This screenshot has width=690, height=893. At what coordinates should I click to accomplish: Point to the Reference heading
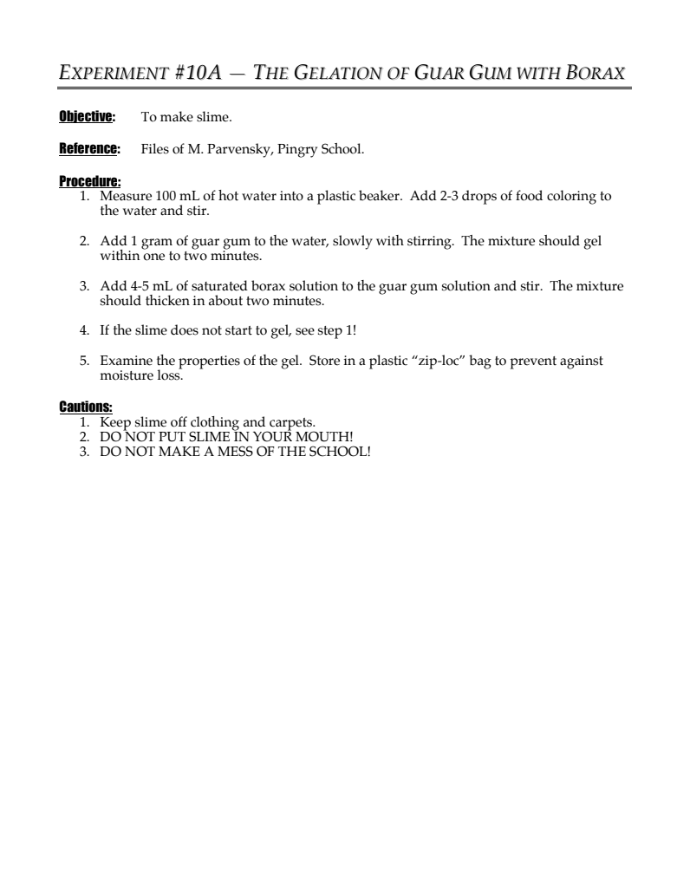89,149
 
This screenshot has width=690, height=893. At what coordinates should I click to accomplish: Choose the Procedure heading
89,182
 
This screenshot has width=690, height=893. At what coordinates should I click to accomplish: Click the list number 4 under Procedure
84,330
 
